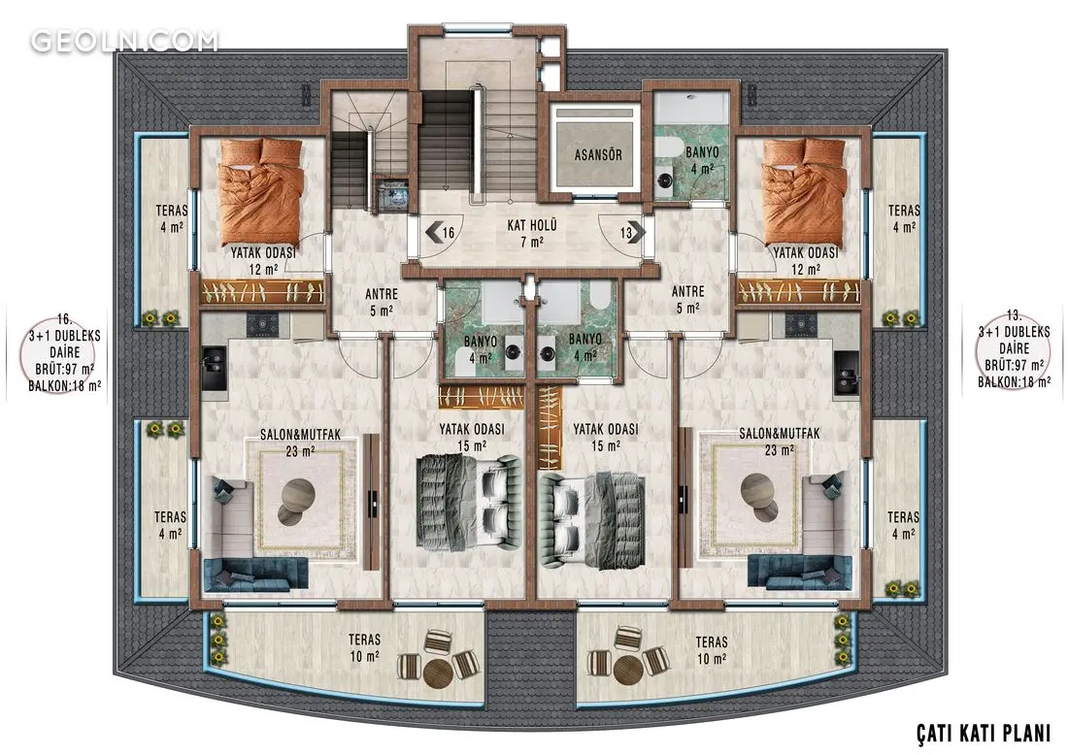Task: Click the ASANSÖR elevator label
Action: pos(598,154)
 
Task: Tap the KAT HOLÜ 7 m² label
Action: pos(532,233)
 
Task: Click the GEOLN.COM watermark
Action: pos(124,41)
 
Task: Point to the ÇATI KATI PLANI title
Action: pos(984,733)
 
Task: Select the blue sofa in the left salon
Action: pos(256,574)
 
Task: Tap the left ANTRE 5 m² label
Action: pos(382,302)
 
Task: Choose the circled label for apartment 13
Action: pos(1014,349)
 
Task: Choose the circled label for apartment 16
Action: pos(64,352)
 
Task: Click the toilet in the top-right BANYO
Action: pos(664,148)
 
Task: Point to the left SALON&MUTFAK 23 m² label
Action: pos(300,443)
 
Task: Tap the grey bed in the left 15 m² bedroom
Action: pos(469,503)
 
